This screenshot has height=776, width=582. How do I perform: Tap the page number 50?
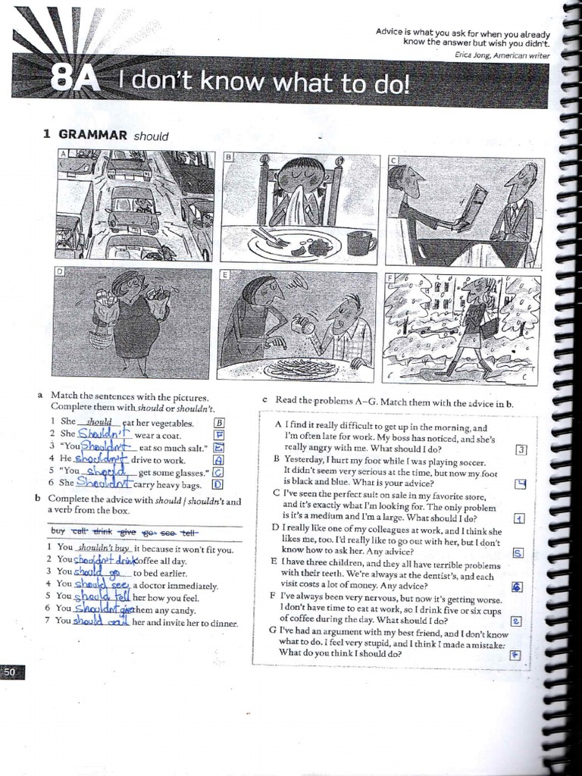[12, 671]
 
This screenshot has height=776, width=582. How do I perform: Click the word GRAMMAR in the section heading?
[93, 135]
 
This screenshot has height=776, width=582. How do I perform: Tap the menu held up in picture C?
[473, 206]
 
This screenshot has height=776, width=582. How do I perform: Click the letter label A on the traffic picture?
[64, 154]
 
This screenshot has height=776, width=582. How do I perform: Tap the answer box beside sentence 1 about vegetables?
[220, 423]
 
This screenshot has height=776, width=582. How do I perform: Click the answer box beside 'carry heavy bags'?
[217, 483]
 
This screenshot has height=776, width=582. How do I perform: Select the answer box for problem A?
[521, 449]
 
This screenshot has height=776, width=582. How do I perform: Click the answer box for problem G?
[516, 656]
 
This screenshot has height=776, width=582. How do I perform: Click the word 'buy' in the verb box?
[58, 531]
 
